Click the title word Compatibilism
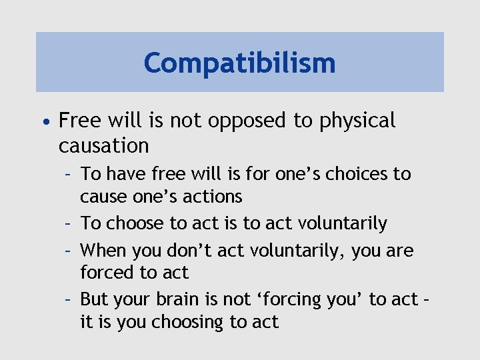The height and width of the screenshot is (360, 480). pos(239,63)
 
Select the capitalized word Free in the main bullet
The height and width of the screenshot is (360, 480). pos(79,120)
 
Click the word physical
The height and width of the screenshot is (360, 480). pos(363,121)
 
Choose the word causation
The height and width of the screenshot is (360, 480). pos(103,145)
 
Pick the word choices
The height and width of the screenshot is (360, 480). pos(354,175)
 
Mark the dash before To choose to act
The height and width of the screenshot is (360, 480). pos(69,223)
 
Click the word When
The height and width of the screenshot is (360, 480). pos(102,251)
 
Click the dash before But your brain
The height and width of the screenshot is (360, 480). pos(69,299)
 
